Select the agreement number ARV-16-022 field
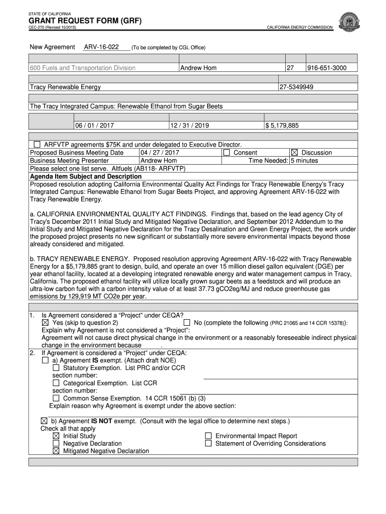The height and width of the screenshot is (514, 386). [x=101, y=47]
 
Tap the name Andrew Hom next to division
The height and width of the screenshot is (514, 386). [x=199, y=68]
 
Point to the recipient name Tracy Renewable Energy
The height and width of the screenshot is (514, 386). [x=66, y=87]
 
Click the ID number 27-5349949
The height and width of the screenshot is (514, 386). [x=297, y=87]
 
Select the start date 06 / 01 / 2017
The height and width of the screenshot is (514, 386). [x=95, y=125]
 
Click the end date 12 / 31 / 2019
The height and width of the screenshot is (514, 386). [x=189, y=125]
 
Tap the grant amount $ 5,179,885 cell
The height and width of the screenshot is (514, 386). [x=282, y=125]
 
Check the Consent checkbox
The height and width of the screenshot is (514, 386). [x=227, y=153]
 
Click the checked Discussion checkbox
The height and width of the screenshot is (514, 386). [x=294, y=153]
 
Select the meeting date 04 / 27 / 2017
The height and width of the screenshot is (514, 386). [x=160, y=153]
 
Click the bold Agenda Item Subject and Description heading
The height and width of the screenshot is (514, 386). [x=86, y=177]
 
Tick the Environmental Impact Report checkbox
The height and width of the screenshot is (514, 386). [x=208, y=436]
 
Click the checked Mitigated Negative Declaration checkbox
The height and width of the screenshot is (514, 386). [x=56, y=451]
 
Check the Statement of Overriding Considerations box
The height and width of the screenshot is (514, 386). [x=208, y=443]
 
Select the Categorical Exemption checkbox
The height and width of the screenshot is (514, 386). [x=56, y=383]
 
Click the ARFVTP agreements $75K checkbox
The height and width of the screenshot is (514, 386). [x=37, y=145]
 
